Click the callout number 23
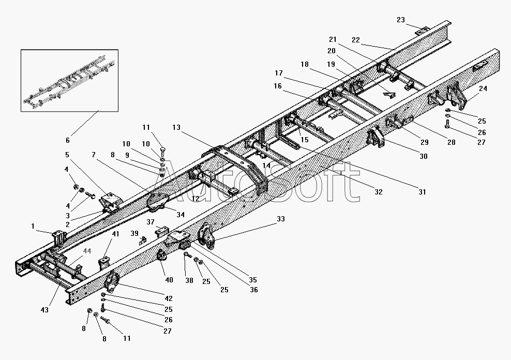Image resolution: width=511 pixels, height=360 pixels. click(401, 20)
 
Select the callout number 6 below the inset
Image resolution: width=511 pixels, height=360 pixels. click(67, 140)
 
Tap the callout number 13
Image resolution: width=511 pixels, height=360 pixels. click(176, 127)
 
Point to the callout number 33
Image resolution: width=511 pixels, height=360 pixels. click(281, 219)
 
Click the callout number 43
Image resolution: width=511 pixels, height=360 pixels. click(44, 310)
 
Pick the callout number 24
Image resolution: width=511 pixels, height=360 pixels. click(483, 88)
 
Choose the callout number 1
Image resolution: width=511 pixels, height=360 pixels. click(33, 226)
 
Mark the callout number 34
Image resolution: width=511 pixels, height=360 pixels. click(181, 215)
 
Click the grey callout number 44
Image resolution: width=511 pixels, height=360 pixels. click(87, 251)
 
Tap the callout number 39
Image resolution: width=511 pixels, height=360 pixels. click(134, 233)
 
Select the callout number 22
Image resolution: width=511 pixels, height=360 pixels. click(356, 40)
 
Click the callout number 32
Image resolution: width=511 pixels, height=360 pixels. click(379, 192)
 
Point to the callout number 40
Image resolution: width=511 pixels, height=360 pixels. click(169, 280)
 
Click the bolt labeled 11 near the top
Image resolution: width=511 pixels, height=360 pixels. click(163, 152)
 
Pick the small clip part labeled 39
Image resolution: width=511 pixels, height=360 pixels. click(142, 241)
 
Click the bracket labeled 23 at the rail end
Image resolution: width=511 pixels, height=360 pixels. click(423, 31)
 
